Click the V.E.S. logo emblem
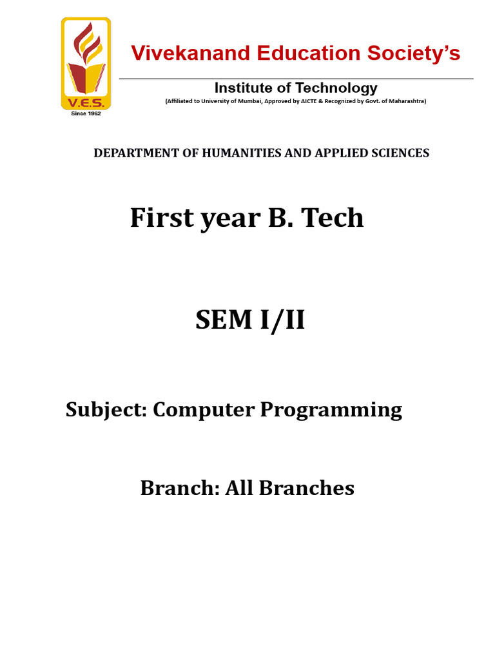86,64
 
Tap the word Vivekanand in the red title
191,53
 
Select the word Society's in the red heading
413,53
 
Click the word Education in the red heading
309,53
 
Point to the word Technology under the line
336,88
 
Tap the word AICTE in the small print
309,101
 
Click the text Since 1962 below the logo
86,113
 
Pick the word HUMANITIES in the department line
242,153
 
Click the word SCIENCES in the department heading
400,153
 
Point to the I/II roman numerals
282,320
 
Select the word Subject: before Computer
106,410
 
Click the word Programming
331,410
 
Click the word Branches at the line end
306,488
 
